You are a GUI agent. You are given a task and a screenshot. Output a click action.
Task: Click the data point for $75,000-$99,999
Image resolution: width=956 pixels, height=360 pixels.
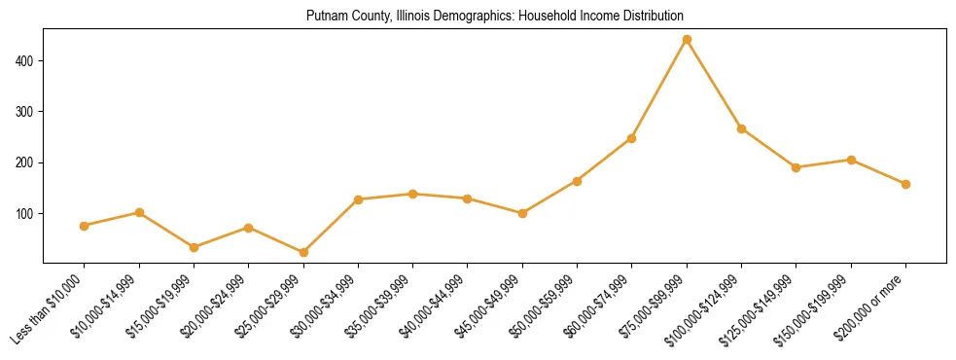(687, 40)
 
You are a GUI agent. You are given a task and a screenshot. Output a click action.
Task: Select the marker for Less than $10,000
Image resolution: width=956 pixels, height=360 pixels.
(85, 226)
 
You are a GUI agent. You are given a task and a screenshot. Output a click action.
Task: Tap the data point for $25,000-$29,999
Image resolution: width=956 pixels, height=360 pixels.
(303, 252)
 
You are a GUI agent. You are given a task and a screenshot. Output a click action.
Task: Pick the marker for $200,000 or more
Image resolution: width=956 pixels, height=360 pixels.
(905, 184)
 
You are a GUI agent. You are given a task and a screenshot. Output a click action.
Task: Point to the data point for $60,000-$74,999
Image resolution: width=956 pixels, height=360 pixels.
(631, 138)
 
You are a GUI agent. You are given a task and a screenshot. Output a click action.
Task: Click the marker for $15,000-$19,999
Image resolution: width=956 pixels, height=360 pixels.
(194, 247)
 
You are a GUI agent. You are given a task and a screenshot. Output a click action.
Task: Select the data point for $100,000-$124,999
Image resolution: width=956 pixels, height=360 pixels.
(741, 128)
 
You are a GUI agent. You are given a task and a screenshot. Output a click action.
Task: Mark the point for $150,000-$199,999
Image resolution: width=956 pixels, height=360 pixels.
(851, 160)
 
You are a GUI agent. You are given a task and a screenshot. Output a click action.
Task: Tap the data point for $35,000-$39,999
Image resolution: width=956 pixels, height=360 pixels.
(412, 194)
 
